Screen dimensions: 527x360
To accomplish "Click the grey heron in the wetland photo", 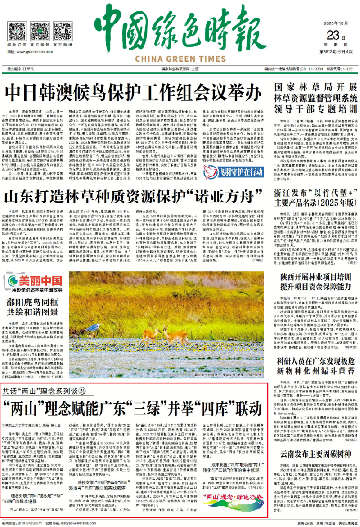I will (94, 328).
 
